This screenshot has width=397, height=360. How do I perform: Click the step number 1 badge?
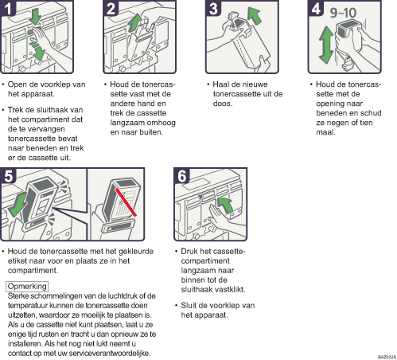(x=8, y=8)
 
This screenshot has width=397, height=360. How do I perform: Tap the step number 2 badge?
(x=111, y=8)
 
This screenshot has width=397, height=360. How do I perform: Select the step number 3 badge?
(x=213, y=8)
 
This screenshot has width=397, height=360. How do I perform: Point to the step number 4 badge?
(x=316, y=8)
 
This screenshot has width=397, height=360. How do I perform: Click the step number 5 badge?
(x=8, y=175)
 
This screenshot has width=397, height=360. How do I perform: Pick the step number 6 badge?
(x=181, y=175)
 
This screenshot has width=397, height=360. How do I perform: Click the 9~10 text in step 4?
(x=343, y=13)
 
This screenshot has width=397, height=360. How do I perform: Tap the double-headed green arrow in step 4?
(x=326, y=45)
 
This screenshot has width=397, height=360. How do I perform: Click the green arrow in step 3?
(x=255, y=16)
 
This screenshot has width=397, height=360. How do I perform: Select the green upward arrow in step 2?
(x=135, y=23)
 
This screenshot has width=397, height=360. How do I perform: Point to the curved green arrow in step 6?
(x=224, y=205)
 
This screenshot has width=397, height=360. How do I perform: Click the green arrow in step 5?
(x=18, y=205)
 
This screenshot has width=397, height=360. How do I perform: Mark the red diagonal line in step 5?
(x=126, y=202)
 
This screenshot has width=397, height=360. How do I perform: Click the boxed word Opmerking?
(x=27, y=286)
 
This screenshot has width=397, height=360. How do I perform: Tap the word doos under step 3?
(x=223, y=104)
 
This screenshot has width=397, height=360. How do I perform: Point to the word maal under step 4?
(x=325, y=132)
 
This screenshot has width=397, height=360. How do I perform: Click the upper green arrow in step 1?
(x=35, y=17)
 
